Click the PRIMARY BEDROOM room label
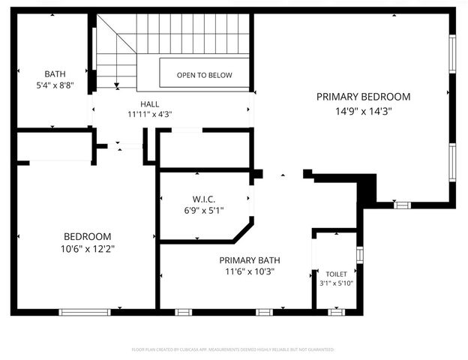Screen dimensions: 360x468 coord(363,97)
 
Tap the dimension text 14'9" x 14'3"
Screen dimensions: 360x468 coord(363,110)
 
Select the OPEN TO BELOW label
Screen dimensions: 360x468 coord(204,75)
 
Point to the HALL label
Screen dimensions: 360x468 coord(149,103)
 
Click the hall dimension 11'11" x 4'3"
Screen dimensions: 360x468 coord(149,115)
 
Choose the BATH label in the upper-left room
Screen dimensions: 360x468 coord(55,73)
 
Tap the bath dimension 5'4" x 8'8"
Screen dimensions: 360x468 coord(55,85)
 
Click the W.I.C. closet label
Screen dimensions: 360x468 coord(203,199)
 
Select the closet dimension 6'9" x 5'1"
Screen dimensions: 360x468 coord(203,210)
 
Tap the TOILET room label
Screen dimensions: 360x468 coord(337,274)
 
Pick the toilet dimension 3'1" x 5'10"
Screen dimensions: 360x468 coord(337,283)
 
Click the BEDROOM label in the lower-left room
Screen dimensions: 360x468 coord(87,235)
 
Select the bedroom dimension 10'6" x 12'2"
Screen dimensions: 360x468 coord(87,247)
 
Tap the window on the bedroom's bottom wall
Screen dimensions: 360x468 coord(85,311)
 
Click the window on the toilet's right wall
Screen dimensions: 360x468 coord(360,255)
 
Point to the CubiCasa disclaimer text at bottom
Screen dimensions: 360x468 coord(232,349)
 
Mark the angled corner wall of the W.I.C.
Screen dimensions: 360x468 coord(243,231)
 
